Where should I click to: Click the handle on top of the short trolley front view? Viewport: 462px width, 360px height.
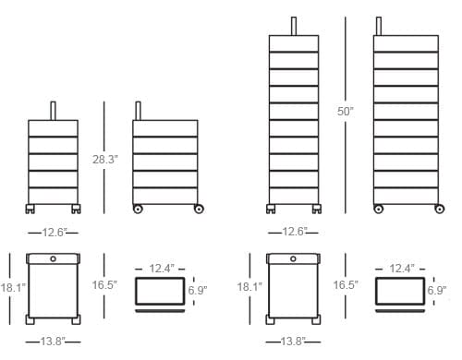(x=55, y=108)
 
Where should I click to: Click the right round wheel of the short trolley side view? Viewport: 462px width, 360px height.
(x=198, y=210)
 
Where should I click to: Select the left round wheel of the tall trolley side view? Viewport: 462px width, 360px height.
(x=378, y=210)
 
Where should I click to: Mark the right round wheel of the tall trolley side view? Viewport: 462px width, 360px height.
(x=436, y=210)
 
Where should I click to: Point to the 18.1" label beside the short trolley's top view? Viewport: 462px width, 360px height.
(x=12, y=287)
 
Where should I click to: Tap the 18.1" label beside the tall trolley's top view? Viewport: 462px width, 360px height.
(x=249, y=287)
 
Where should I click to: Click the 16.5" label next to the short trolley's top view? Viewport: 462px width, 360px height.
(x=103, y=285)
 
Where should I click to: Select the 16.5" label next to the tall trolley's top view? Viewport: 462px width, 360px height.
(x=346, y=285)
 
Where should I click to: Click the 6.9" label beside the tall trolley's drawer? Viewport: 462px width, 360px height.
(x=437, y=290)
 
